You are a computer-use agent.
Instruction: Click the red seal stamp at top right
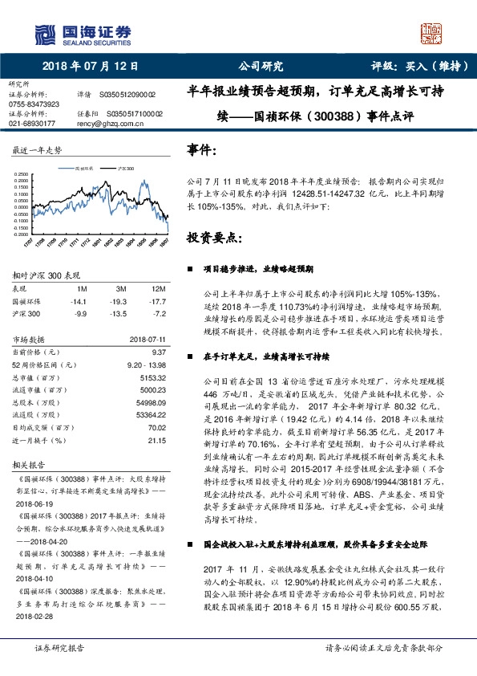pyautogui.click(x=434, y=35)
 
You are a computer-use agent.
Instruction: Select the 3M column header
pyautogui.click(x=121, y=287)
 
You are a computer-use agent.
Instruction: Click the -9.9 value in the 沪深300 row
pyautogui.click(x=80, y=312)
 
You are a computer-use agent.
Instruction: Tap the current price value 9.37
pyautogui.click(x=157, y=351)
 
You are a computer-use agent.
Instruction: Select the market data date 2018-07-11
pyautogui.click(x=146, y=338)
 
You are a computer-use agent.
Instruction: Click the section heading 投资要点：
pyautogui.click(x=213, y=238)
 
